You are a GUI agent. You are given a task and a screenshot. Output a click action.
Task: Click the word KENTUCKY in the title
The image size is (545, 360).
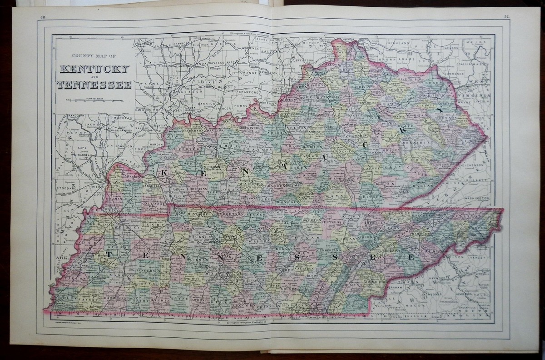(93, 70)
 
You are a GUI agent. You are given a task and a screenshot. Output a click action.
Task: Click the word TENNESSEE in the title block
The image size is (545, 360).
(93, 85)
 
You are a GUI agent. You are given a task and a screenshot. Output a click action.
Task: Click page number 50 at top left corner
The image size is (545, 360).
(43, 17)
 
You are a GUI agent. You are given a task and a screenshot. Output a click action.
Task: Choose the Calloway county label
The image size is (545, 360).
(155, 204)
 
